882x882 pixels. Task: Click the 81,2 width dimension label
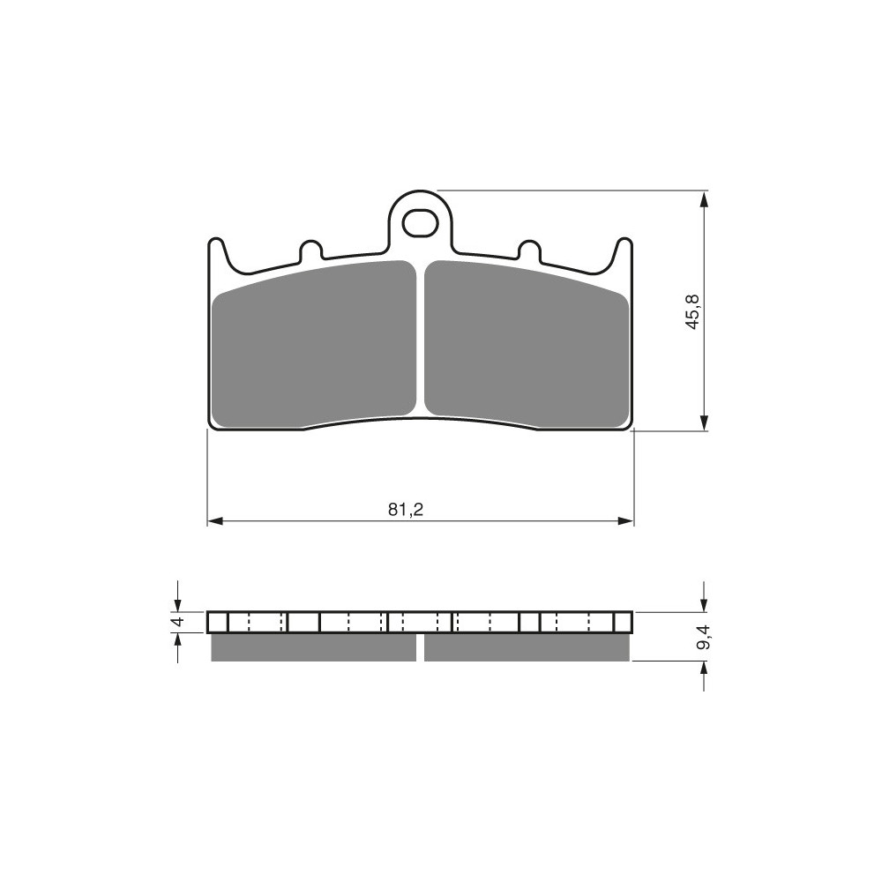tap(405, 510)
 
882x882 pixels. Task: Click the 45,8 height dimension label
tap(693, 311)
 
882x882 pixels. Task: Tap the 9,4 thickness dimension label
tap(704, 638)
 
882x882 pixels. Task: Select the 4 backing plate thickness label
tap(178, 622)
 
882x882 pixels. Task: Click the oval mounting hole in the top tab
tap(420, 224)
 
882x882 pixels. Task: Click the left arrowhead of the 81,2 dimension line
tap(215, 521)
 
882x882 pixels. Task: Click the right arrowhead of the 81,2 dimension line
tap(625, 521)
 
